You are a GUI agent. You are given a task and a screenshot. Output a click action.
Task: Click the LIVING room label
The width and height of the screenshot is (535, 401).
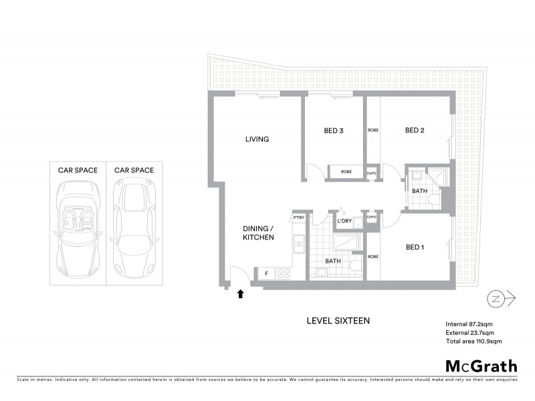pos(257,139)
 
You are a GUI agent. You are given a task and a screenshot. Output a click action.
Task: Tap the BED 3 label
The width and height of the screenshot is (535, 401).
pos(334,130)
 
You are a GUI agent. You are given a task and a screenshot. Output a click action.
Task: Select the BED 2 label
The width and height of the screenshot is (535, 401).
pos(415,130)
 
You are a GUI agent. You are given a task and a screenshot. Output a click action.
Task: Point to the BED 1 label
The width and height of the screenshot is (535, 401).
pos(415,247)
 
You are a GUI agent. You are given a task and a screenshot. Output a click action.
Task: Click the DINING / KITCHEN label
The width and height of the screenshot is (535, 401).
pos(257,233)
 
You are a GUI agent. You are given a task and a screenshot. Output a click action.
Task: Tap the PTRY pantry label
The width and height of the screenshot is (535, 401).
pos(298,218)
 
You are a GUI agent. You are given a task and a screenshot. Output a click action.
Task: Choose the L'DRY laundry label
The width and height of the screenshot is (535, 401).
pos(344,221)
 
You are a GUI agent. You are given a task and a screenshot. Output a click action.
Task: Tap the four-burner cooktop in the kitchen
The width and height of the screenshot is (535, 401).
pos(283,273)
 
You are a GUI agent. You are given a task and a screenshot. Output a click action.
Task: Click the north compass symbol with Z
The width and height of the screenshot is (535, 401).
pos(496,298)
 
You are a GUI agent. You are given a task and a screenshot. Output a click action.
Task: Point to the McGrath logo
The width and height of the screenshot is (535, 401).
pos(481,366)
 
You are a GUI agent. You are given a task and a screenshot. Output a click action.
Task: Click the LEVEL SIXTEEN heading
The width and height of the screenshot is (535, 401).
pos(338,321)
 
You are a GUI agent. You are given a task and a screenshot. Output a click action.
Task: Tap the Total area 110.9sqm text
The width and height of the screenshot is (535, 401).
pos(473,341)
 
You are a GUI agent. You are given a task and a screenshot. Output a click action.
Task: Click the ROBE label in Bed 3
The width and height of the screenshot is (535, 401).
pos(346,172)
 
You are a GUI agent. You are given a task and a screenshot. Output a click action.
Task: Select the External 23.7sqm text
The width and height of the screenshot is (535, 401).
pos(470,332)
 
